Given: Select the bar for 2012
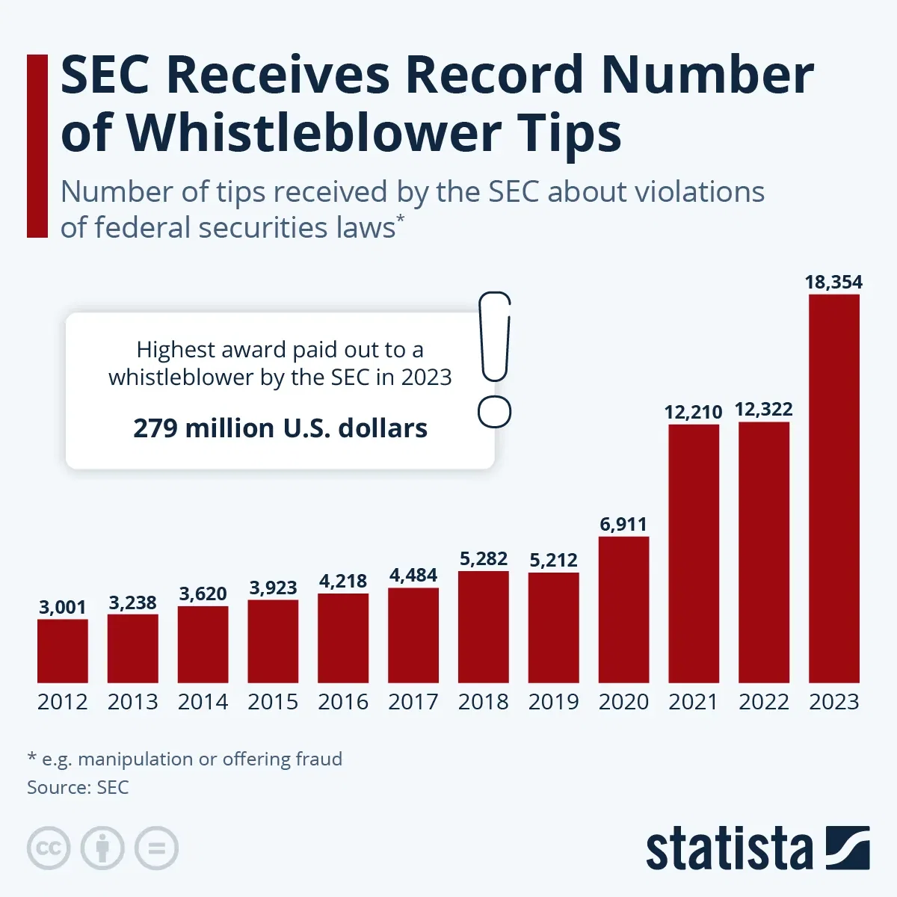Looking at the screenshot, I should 63,650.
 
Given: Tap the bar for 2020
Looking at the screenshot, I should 623,609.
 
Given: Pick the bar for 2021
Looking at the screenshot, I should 694,553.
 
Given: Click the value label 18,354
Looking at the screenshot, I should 833,282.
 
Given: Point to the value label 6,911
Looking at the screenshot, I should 623,524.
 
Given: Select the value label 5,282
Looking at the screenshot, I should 483,558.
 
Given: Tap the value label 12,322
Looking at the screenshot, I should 763,409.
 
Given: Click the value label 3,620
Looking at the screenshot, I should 203,594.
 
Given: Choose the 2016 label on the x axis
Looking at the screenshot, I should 343,702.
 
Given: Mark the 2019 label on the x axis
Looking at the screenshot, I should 553,702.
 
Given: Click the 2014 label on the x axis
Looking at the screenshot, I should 203,702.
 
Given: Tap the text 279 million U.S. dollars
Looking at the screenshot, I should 280,428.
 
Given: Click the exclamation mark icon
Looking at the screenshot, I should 494,359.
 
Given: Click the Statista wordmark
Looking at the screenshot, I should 729,849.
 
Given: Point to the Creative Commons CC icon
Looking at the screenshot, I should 49,848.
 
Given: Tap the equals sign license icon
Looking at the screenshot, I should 157,848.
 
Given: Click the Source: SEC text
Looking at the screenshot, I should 78,787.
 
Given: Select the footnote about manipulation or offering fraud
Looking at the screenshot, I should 185,759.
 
